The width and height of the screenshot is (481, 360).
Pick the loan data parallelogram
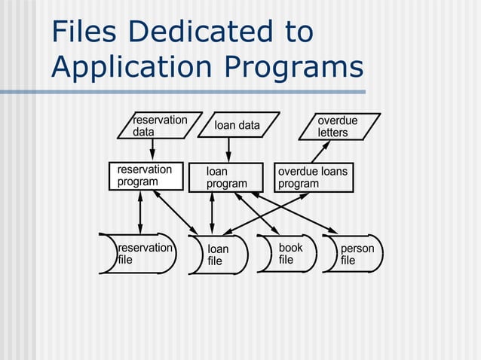click(x=237, y=126)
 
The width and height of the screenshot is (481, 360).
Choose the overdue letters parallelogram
click(x=338, y=127)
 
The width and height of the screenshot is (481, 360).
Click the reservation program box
click(x=145, y=176)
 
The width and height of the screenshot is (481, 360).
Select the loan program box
click(x=226, y=178)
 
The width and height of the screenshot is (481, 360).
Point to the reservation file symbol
click(x=140, y=254)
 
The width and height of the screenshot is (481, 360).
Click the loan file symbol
click(x=219, y=255)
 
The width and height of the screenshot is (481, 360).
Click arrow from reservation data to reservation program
click(x=152, y=151)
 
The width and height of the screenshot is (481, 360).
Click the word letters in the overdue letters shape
click(x=332, y=133)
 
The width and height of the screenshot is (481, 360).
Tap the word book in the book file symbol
click(x=291, y=248)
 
